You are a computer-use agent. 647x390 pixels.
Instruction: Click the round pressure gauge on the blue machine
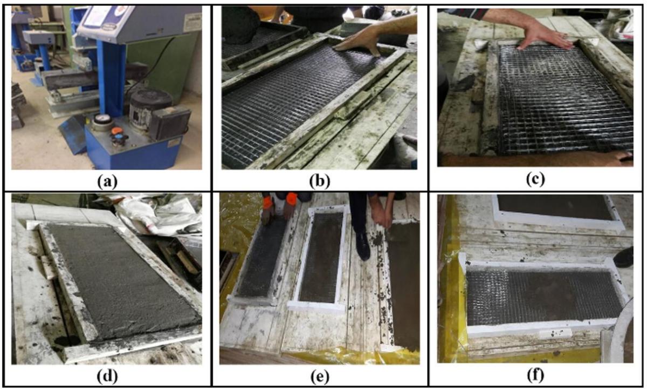102,119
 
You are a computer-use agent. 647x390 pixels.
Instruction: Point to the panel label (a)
107,181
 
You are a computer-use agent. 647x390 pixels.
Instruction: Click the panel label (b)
319,181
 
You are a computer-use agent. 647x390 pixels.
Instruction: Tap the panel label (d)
107,376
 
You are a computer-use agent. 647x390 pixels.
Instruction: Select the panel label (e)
319,376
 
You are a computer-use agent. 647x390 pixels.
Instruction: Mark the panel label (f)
535,375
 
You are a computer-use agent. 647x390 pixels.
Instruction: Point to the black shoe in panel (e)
362,245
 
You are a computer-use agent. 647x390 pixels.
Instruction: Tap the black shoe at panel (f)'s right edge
624,258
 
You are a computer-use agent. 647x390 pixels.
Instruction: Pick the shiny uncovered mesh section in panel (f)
487,298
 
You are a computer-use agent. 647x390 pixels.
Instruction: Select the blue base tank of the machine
133,147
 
